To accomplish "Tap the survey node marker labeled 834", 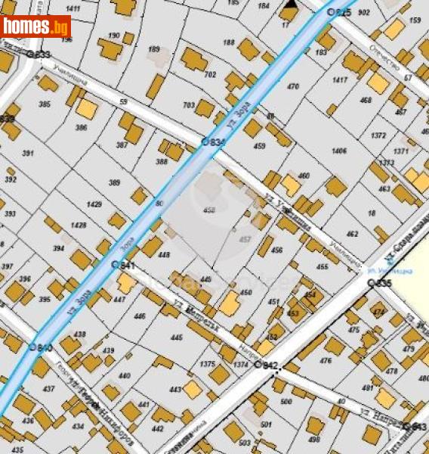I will (204, 141).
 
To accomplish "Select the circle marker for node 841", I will (115, 265).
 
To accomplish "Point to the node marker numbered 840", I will (32, 347).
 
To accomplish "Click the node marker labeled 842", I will (258, 365).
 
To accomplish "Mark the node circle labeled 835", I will (371, 282).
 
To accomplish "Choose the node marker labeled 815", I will (330, 12).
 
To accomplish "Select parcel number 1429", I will (94, 205).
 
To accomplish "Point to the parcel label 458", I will (209, 210).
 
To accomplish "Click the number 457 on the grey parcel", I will (245, 238).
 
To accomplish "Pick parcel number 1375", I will (208, 364).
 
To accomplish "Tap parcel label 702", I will (210, 74).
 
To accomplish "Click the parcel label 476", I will (326, 361).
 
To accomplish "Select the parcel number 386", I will (81, 128).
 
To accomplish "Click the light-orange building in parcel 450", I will (229, 303).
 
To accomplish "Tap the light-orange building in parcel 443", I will (193, 390).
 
